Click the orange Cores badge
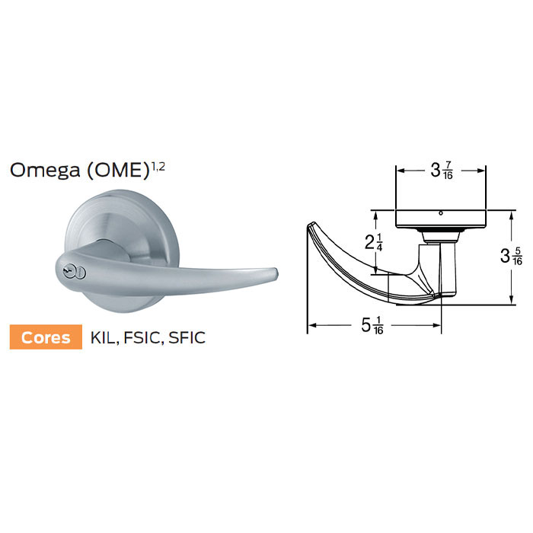click(x=45, y=336)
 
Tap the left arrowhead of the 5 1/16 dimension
click(x=310, y=327)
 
